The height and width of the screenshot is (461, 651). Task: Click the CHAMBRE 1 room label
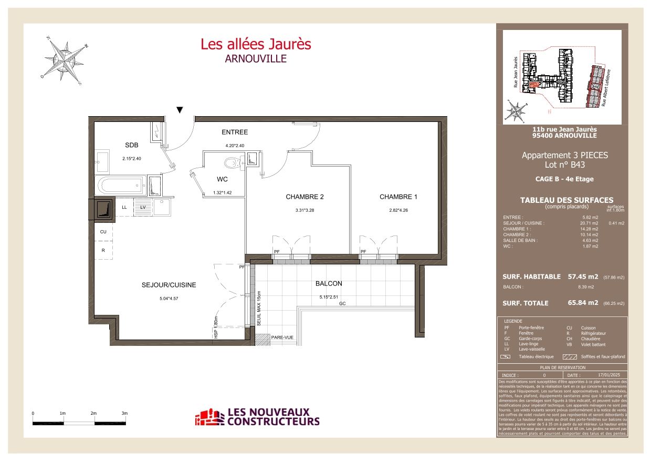click(398, 197)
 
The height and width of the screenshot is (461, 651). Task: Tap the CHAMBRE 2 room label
click(304, 197)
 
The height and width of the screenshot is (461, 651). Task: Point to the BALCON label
click(329, 283)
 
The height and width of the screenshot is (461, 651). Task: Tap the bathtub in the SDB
click(121, 185)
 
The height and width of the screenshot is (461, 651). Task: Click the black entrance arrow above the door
click(180, 110)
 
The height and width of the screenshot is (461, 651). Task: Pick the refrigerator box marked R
click(103, 251)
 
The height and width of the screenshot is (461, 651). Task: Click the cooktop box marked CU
click(103, 231)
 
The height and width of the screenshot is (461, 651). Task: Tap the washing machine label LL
click(124, 207)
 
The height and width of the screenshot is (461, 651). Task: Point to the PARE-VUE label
click(282, 337)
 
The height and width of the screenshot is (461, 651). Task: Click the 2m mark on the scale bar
click(93, 414)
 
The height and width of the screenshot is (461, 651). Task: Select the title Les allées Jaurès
click(256, 44)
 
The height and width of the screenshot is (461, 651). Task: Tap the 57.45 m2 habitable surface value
click(582, 276)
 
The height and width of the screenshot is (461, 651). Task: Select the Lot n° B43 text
click(564, 165)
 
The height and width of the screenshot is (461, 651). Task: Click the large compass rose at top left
click(64, 59)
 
